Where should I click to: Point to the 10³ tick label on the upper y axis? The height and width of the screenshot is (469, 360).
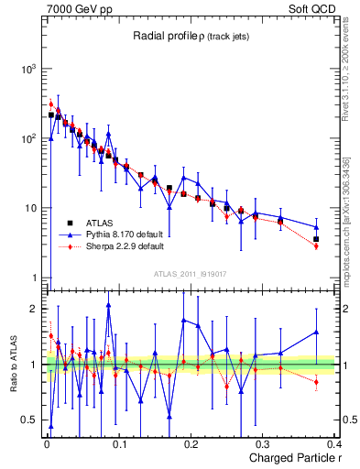click(x=27, y=70)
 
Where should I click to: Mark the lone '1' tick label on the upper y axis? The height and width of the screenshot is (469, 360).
click(x=33, y=278)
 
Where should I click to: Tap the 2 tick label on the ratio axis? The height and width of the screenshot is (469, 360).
click(x=33, y=309)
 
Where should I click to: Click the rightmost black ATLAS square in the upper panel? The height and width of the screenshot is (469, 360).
click(x=316, y=239)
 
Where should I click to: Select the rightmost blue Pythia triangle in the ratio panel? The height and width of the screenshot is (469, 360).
click(x=316, y=333)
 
